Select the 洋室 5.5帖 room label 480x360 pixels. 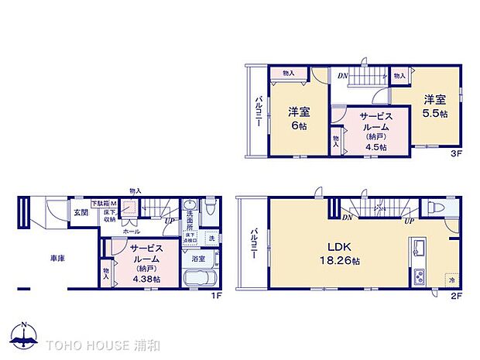click(434, 106)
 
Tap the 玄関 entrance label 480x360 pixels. click(81, 211)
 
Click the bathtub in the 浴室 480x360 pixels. click(200, 280)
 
